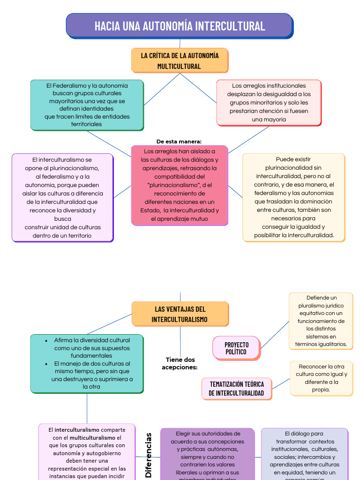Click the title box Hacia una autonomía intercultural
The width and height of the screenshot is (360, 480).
[x=180, y=25]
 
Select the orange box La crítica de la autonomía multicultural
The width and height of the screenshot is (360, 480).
[x=180, y=60]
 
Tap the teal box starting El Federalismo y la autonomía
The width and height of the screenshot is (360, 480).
[x=87, y=105]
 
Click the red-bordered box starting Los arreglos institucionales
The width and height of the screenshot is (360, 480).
[x=269, y=103]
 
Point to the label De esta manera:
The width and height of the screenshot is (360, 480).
[x=179, y=142]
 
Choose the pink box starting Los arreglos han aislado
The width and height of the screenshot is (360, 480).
[x=180, y=185]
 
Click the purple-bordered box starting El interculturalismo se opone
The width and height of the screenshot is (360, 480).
[x=62, y=198]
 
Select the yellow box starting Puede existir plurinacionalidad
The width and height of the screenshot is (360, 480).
[x=293, y=197]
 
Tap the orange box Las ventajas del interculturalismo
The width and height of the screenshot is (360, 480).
[x=180, y=314]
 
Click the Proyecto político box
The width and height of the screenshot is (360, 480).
[x=236, y=348]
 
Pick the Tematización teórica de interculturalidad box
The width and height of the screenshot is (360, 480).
[x=236, y=389]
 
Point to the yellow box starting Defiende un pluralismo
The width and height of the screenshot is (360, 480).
[x=321, y=321]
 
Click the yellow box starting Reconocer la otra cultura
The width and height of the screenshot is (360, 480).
[x=321, y=378]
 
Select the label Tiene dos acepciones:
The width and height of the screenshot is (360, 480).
[x=180, y=363]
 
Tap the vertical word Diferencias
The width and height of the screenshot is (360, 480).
[x=149, y=455]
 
